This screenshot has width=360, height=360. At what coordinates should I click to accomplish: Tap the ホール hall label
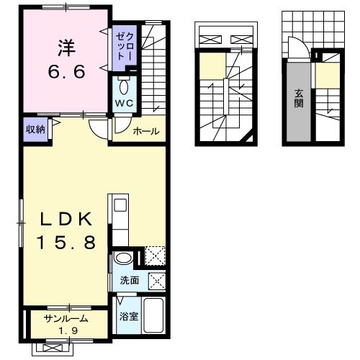[x=146, y=132]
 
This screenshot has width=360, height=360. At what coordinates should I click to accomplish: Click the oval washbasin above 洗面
[x=123, y=258]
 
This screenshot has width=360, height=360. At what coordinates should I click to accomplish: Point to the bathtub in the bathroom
[x=154, y=314]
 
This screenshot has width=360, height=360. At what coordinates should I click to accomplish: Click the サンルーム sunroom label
[x=66, y=318]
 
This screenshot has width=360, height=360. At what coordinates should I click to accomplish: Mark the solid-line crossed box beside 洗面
[x=156, y=279]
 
